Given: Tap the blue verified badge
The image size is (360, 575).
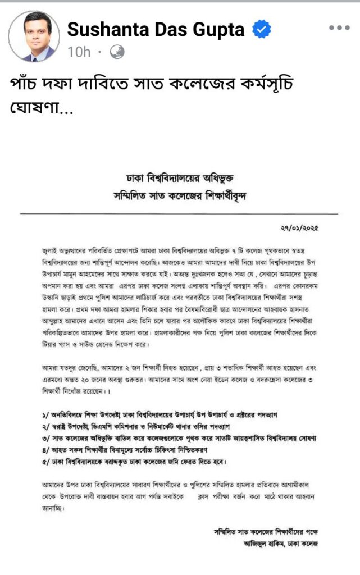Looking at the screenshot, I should pos(261,29).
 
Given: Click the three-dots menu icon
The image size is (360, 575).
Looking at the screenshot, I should pos(339,28).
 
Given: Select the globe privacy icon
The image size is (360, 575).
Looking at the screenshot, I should pos(117,52).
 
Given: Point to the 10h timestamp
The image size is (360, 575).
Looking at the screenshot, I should pos(79,52).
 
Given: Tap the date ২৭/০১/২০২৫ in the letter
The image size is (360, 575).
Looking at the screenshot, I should pos(308,229).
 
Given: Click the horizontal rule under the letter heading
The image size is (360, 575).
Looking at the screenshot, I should pos(179,215).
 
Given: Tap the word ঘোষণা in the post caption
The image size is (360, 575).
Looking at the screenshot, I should pos(34,106).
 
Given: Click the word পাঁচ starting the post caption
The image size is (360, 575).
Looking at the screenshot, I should pos(26,83).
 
